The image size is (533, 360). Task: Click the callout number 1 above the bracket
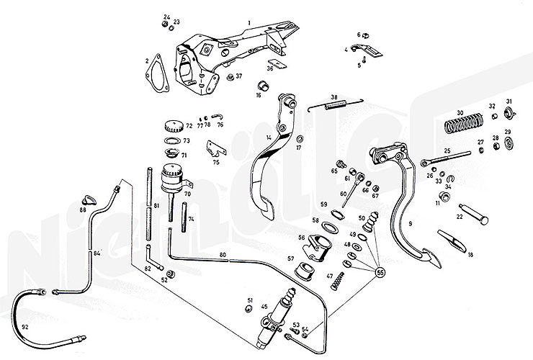pos(248,23)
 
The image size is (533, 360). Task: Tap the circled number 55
pos(380,272)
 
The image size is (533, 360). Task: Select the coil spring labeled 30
pos(460,126)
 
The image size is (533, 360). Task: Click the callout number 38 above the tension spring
pos(334,98)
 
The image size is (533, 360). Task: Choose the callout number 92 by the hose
pos(26,327)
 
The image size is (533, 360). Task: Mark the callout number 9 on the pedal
pos(410,224)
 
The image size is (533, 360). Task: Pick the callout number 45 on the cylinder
pos(264,307)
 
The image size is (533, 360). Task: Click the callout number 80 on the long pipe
pos(223,256)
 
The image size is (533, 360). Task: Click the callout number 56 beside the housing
pos(302,236)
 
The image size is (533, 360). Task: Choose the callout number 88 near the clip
pos(83,210)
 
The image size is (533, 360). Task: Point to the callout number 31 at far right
pos(509,101)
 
